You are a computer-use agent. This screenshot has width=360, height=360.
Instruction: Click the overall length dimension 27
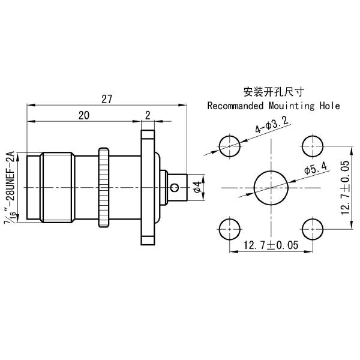107,100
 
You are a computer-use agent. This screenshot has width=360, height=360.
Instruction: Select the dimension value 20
84,115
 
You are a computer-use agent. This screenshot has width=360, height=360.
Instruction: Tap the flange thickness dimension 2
148,115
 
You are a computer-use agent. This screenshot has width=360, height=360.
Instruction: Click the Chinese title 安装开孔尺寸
273,92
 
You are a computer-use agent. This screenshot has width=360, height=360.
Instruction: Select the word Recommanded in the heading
235,106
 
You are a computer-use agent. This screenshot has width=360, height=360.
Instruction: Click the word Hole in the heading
329,106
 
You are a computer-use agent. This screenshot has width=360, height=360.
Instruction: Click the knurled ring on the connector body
104,187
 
